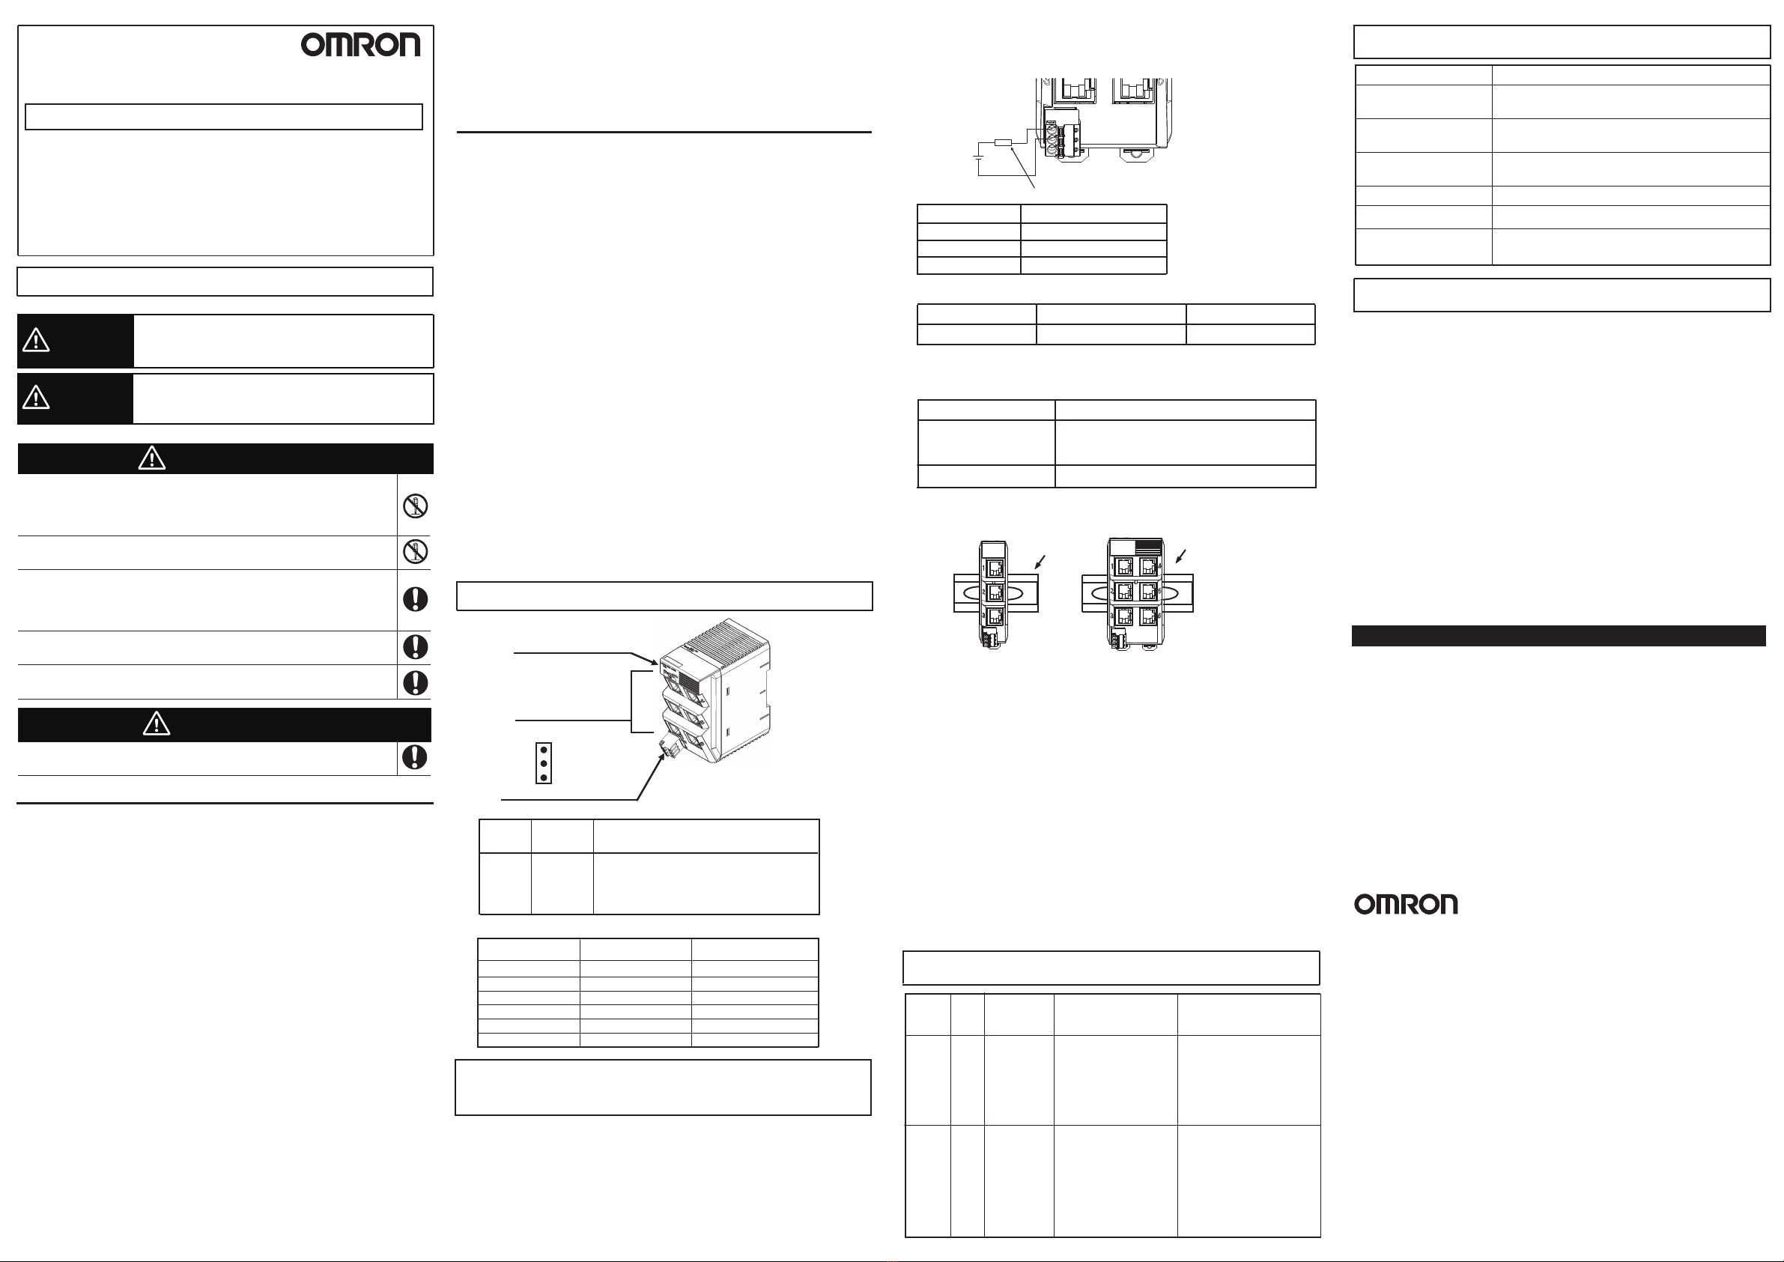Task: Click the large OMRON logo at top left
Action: [360, 45]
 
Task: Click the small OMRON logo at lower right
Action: [1406, 904]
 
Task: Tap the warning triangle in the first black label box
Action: [36, 340]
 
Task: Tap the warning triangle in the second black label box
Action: [36, 398]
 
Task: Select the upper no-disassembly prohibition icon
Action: [416, 506]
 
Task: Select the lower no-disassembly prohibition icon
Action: [416, 552]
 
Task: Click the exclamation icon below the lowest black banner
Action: [414, 757]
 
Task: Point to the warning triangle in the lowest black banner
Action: [157, 724]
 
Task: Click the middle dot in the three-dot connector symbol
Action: [544, 763]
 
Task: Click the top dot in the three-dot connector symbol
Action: [544, 750]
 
